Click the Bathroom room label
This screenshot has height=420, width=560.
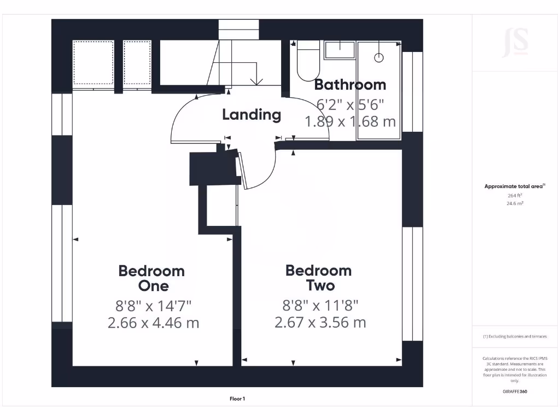(350, 85)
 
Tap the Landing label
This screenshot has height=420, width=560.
(251, 115)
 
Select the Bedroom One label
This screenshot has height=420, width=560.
(151, 278)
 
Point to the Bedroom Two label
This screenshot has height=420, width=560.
(318, 278)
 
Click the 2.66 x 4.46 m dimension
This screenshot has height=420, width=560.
(153, 323)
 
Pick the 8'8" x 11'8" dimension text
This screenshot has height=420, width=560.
(320, 305)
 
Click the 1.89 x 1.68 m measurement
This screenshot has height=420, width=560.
(350, 121)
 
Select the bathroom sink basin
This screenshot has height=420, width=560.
(340, 51)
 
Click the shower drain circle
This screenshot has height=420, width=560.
(378, 57)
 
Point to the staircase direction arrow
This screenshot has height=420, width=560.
(255, 81)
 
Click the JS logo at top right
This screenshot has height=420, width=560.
(515, 43)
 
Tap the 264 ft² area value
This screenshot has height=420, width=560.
(515, 195)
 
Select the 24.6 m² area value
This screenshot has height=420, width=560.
(515, 203)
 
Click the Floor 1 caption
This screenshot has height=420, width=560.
(237, 399)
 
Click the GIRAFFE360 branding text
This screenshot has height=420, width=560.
(515, 392)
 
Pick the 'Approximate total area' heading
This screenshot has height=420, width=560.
(514, 186)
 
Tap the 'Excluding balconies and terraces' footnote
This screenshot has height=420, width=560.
(515, 337)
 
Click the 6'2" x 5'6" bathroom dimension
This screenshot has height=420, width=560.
(350, 103)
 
